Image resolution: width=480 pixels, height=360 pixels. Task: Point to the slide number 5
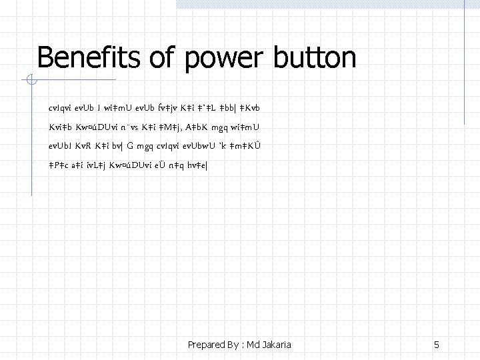click(x=436, y=345)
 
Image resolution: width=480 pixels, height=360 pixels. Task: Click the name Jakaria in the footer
click(x=275, y=345)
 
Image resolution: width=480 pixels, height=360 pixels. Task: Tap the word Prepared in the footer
click(x=207, y=345)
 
